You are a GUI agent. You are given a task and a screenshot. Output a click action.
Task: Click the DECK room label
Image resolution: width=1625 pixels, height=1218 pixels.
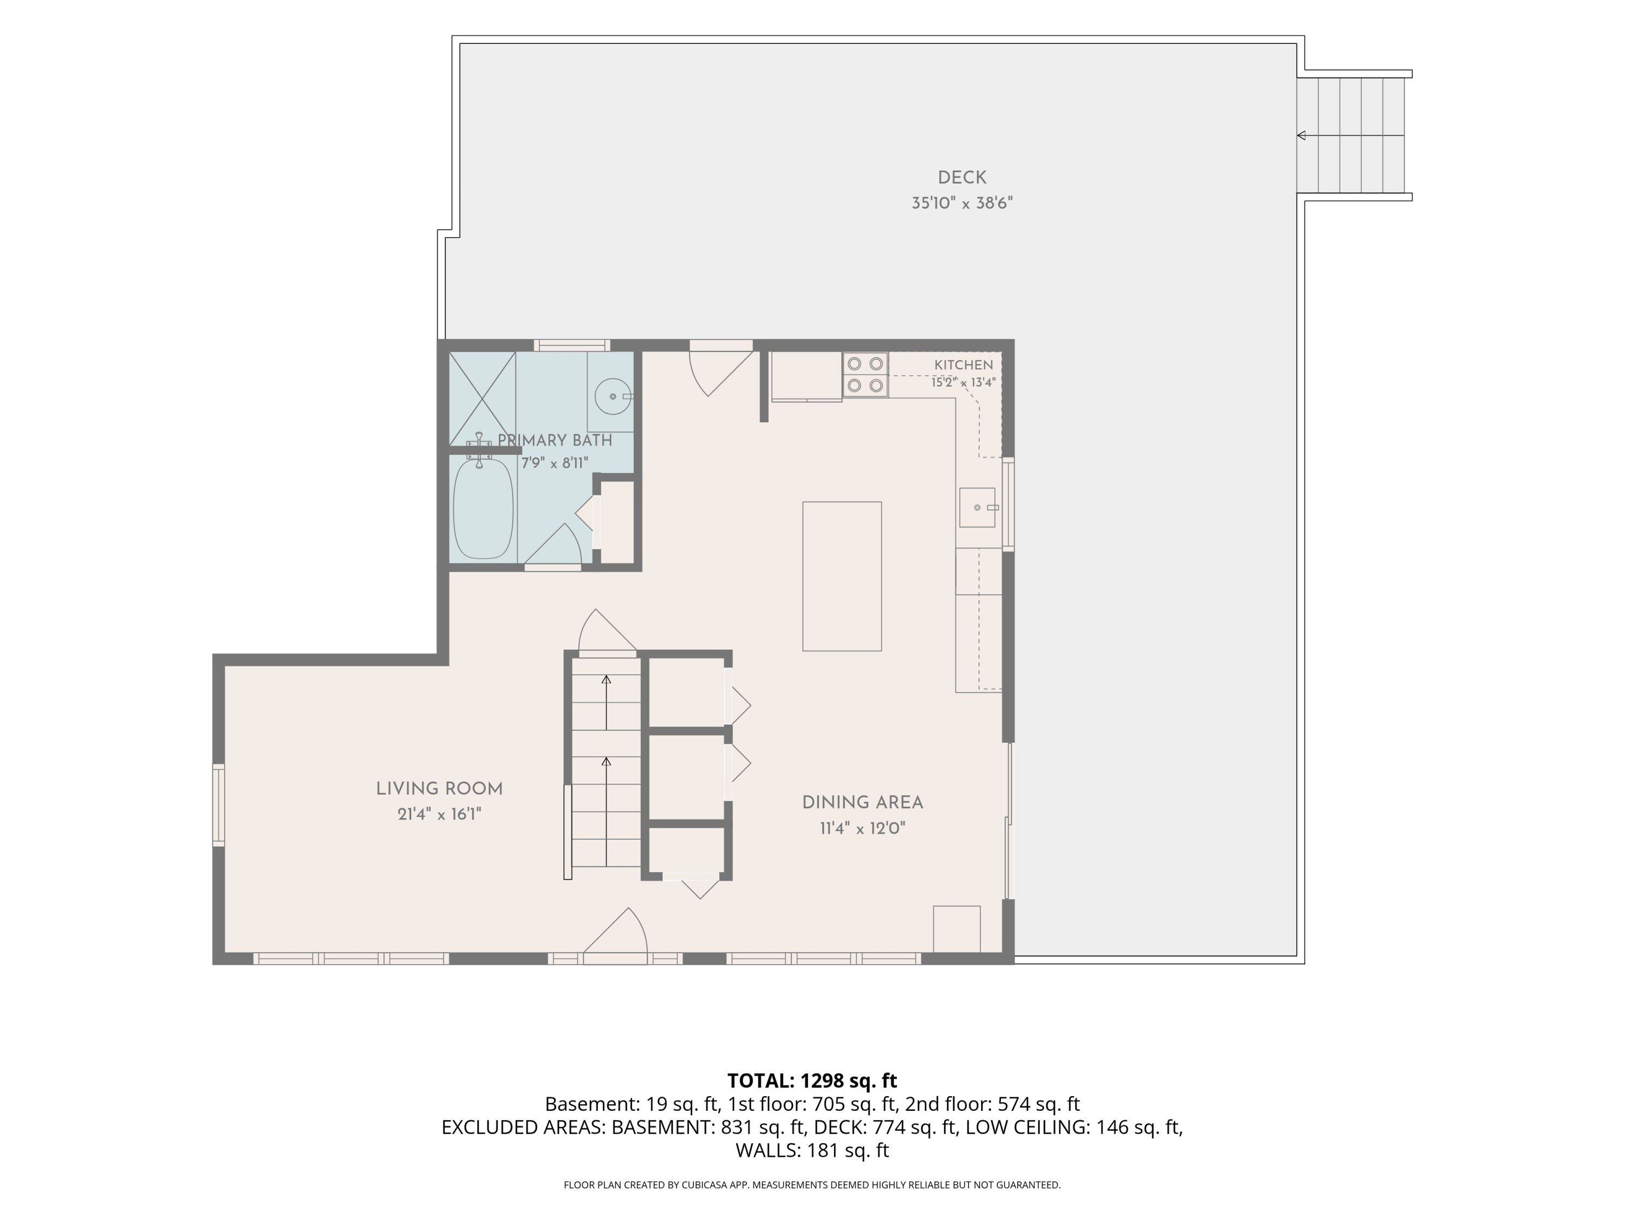click(x=961, y=178)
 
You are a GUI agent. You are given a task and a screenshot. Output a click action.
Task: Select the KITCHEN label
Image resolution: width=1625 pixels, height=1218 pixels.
click(x=963, y=365)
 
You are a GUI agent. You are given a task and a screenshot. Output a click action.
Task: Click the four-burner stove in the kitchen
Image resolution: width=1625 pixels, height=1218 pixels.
click(x=866, y=375)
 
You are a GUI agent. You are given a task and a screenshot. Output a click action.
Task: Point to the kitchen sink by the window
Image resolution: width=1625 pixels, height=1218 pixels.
click(x=977, y=507)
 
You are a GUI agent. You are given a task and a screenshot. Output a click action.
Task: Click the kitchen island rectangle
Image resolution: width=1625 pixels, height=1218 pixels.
click(x=842, y=577)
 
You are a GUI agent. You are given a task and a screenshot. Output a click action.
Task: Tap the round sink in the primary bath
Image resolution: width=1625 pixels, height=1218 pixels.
click(x=613, y=396)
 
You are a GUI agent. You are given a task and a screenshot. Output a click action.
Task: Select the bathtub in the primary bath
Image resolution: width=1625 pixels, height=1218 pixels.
click(x=483, y=508)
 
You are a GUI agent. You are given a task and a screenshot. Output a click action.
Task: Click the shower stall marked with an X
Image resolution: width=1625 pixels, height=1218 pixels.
click(x=482, y=398)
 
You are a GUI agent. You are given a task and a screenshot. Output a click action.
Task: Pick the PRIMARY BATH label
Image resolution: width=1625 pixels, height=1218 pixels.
click(x=555, y=441)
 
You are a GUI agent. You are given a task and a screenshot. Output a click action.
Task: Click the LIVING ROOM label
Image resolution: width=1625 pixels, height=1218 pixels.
click(x=439, y=789)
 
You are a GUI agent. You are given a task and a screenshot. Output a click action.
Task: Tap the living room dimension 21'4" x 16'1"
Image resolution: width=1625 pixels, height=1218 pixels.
click(x=439, y=814)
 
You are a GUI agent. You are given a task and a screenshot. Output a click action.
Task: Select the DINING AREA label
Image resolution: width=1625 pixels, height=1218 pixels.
click(x=862, y=803)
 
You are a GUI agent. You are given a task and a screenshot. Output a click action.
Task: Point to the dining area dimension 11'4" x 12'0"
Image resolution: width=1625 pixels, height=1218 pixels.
click(x=862, y=829)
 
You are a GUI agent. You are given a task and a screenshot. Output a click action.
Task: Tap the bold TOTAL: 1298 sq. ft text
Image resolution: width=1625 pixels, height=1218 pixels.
click(x=812, y=1081)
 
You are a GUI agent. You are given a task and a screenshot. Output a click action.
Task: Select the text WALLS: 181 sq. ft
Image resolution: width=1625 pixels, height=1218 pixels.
click(x=812, y=1150)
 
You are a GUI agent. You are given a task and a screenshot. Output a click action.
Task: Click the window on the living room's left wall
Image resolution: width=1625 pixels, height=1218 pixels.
click(x=219, y=806)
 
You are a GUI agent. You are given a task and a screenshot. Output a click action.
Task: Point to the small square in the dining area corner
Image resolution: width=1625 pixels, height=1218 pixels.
click(x=957, y=929)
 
